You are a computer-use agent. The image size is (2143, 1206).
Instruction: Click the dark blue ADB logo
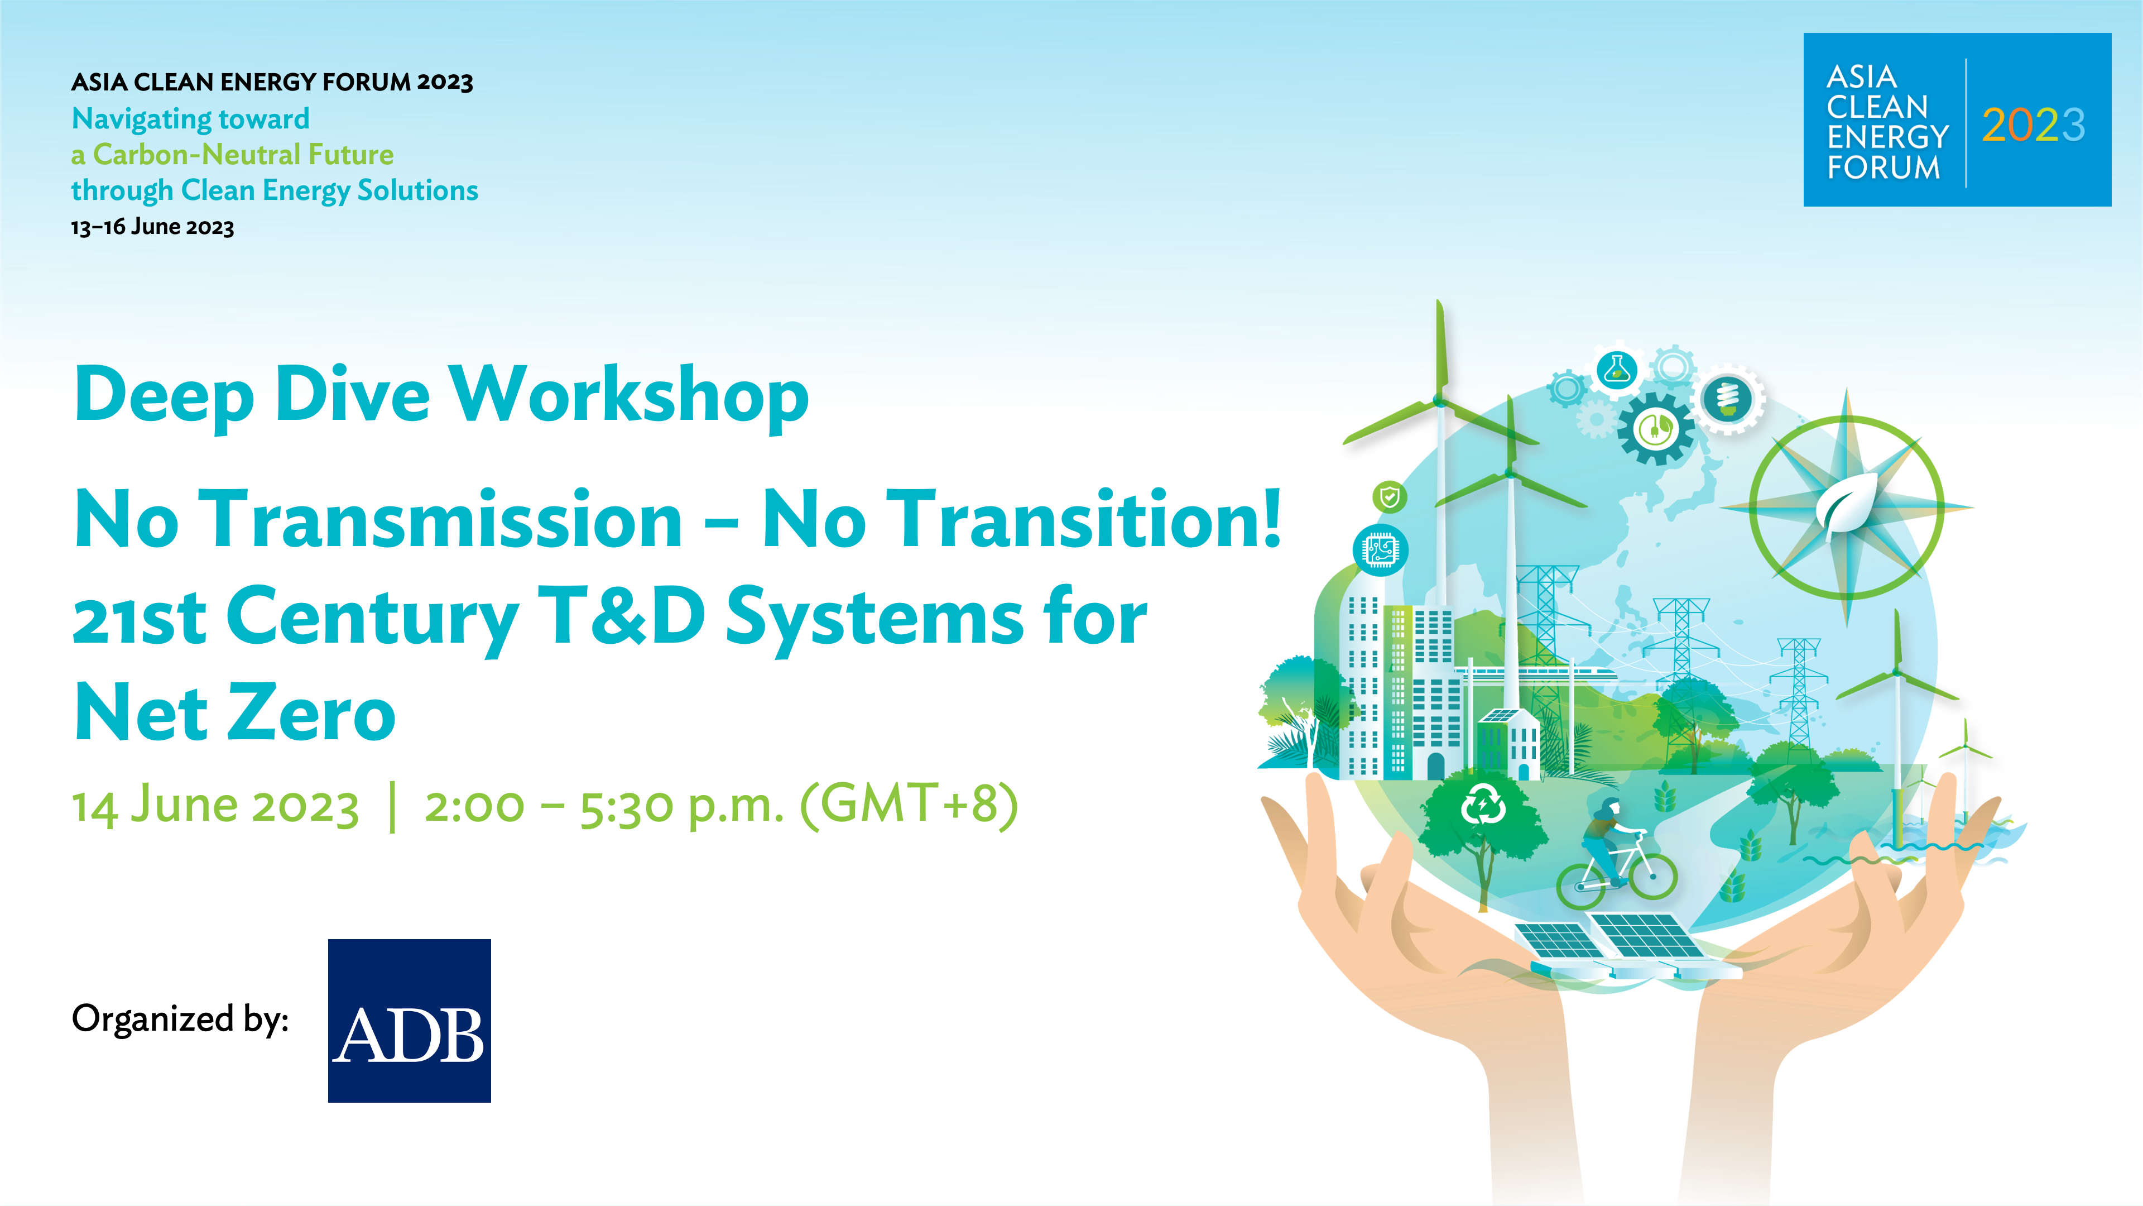click(x=409, y=1021)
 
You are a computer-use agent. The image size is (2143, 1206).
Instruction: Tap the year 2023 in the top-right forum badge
click(x=2033, y=126)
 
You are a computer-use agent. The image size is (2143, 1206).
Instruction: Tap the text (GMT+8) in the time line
click(x=909, y=804)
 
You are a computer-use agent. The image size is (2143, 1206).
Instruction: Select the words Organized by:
click(x=180, y=1020)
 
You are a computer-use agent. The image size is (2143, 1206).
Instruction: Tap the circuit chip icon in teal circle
click(x=1380, y=550)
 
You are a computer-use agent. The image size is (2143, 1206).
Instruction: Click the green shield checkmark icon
click(x=1389, y=497)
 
